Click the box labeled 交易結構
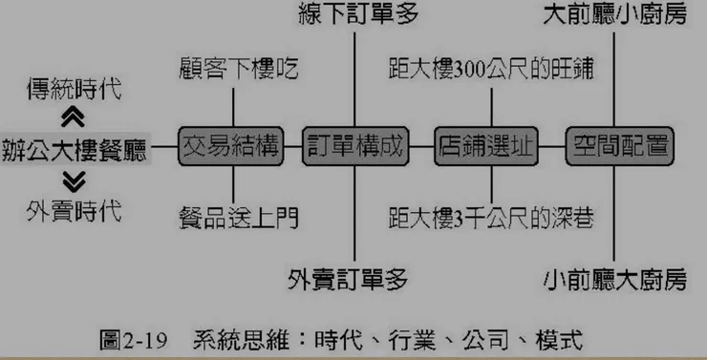231,147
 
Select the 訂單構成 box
354,147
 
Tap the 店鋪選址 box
485,147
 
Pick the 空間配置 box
616,147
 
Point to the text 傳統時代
75,91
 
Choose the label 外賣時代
75,210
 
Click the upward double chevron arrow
73,118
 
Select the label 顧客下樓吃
239,69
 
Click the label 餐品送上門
239,218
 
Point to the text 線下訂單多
357,16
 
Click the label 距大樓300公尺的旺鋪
491,69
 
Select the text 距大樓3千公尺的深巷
491,218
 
